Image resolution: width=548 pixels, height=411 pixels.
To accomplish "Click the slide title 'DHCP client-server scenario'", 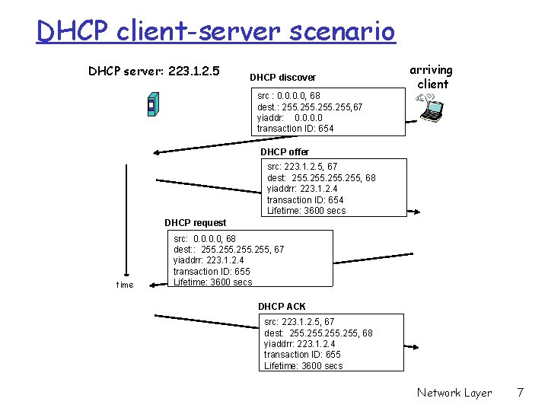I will [x=215, y=32].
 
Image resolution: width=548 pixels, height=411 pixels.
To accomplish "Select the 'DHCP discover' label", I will [x=282, y=78].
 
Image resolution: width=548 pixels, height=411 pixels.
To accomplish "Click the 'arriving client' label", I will [x=433, y=77].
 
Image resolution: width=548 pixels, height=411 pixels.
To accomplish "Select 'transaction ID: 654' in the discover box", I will [x=295, y=129].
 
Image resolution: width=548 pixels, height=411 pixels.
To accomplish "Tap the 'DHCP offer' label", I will [x=285, y=152].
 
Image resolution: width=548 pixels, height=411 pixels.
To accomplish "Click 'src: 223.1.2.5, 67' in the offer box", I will [x=302, y=167].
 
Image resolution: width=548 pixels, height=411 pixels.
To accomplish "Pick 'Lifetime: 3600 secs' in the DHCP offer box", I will [x=306, y=211].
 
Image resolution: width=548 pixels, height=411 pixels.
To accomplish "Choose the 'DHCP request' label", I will [x=196, y=223].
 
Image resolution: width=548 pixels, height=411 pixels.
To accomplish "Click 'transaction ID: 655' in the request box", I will [x=212, y=272].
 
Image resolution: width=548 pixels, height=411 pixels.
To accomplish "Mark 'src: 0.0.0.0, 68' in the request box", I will [x=205, y=239].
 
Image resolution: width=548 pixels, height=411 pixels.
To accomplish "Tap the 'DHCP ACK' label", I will [x=282, y=307].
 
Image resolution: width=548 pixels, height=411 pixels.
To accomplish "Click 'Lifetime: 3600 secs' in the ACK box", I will [x=303, y=366].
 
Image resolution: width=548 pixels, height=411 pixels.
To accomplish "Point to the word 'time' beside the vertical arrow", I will [x=124, y=285].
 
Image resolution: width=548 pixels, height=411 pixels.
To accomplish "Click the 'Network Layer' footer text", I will [x=454, y=393].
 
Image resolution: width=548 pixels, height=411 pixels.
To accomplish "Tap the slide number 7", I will [x=520, y=393].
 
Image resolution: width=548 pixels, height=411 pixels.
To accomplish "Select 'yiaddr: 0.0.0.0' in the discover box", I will [x=290, y=118].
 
